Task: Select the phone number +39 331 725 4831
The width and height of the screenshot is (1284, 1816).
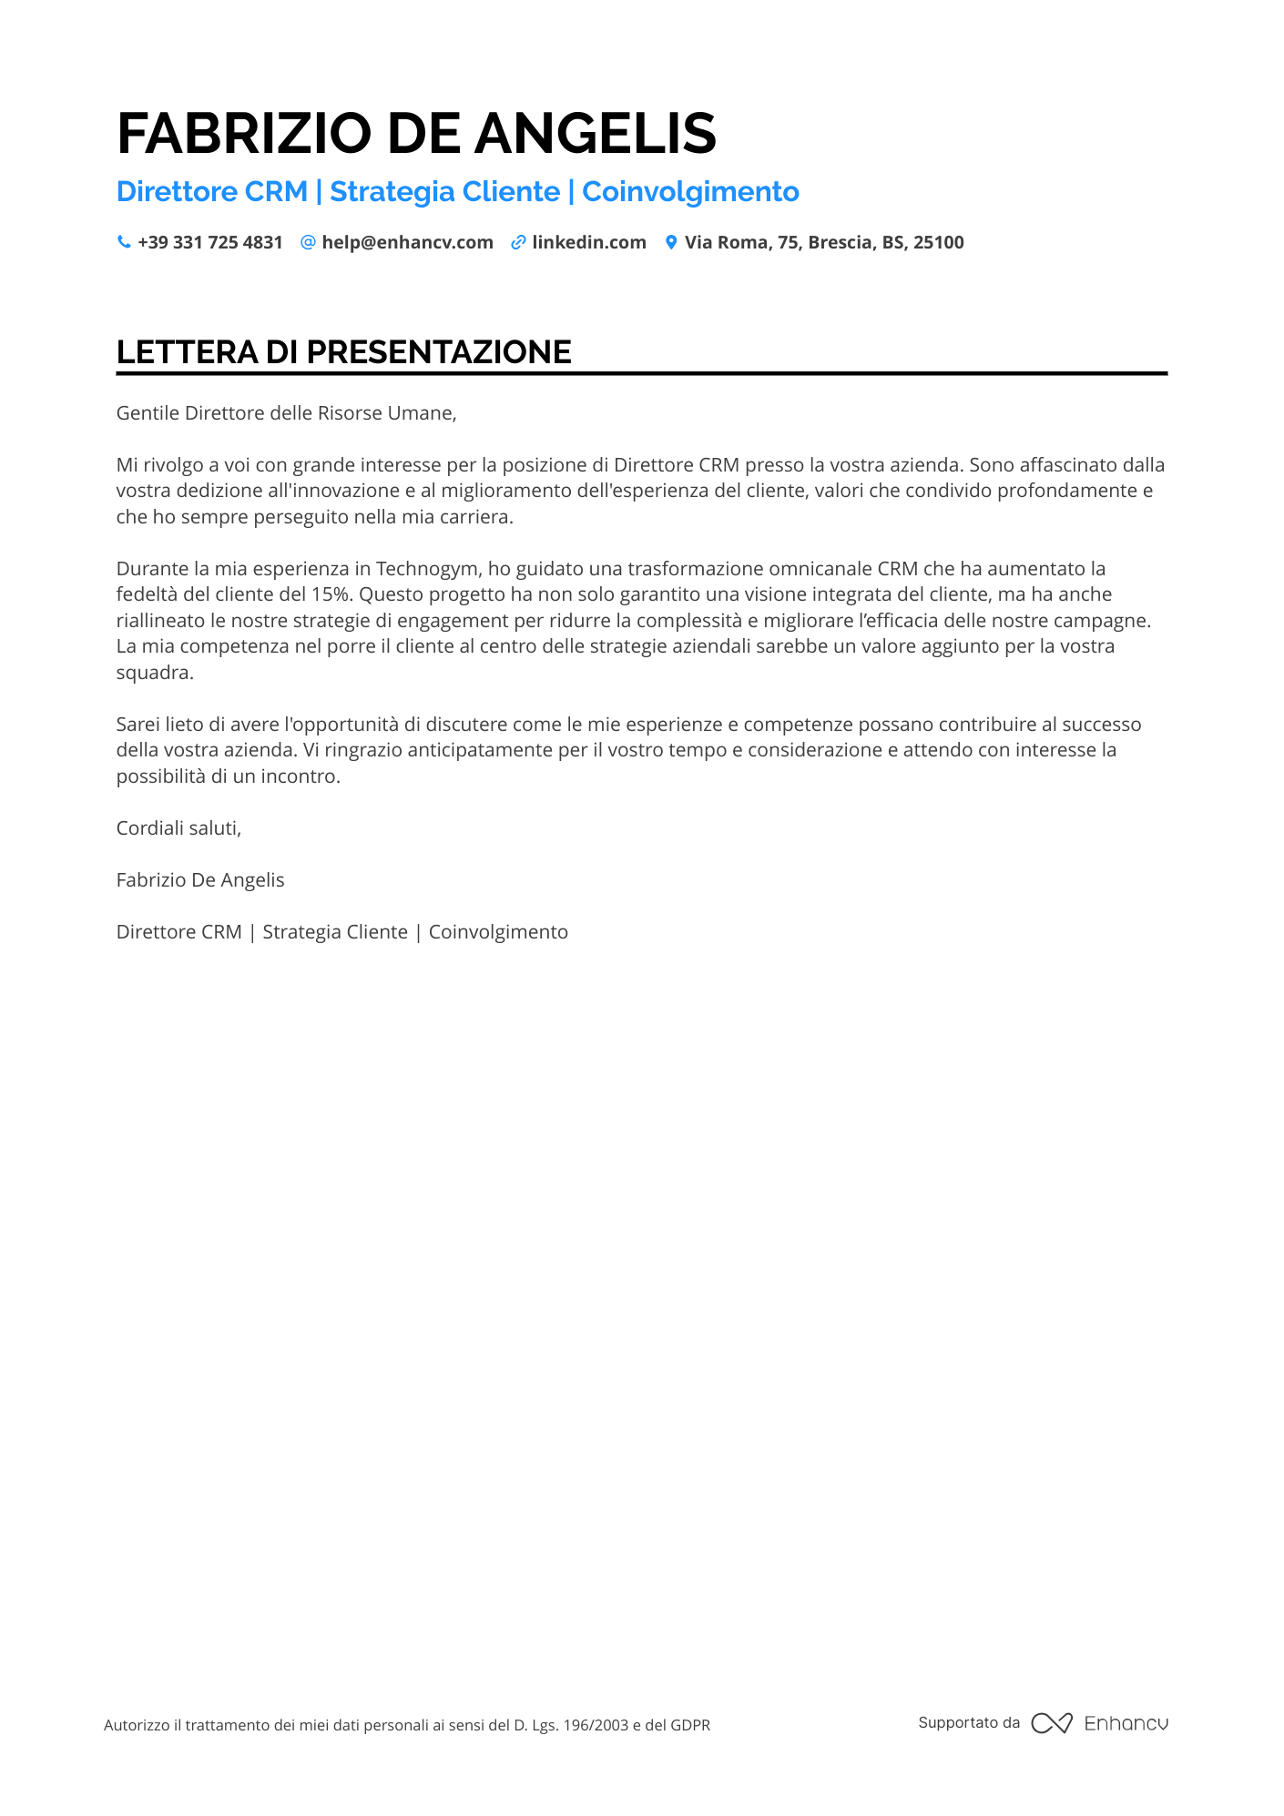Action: (210, 242)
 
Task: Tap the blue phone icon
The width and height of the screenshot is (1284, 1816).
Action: (124, 242)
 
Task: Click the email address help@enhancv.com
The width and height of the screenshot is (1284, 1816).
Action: (407, 242)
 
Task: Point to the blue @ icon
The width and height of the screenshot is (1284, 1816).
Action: (308, 242)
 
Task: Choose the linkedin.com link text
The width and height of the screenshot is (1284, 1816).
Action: (589, 242)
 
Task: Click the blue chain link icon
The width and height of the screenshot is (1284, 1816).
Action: (518, 242)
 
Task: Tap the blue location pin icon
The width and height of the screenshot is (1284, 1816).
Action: (671, 242)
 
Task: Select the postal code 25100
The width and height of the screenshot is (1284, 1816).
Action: (938, 242)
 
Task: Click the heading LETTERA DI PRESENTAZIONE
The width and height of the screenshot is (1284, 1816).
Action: (344, 352)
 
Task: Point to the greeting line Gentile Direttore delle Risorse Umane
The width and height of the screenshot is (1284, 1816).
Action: (286, 413)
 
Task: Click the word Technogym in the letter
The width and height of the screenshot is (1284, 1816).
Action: (427, 569)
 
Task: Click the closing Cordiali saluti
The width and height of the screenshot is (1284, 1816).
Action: (178, 828)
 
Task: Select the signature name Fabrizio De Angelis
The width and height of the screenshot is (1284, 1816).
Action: (200, 880)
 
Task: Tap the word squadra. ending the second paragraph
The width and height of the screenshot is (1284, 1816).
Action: (155, 673)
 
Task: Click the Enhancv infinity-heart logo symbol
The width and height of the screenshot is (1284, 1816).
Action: (1052, 1723)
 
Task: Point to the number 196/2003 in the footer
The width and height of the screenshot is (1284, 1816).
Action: (596, 1725)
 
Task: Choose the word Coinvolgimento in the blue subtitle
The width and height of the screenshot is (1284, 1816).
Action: (690, 192)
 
